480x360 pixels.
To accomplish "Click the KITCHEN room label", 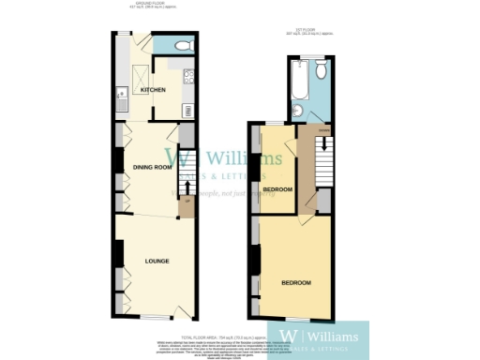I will point(153,90).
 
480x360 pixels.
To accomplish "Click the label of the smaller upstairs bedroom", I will point(277,189).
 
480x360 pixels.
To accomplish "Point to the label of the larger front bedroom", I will point(296,282).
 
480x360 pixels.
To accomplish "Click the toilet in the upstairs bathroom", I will point(321,71).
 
